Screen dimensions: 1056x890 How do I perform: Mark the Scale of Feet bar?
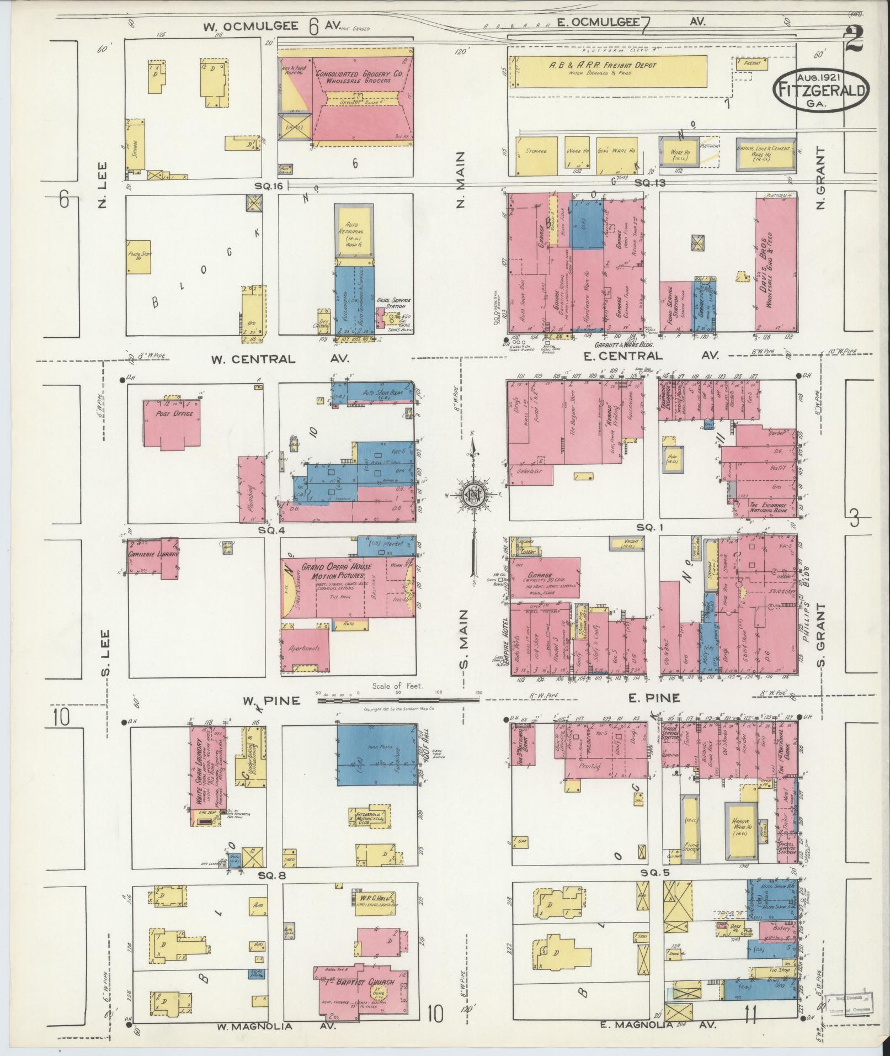pos(397,700)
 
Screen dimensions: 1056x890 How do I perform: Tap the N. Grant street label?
pos(820,178)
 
